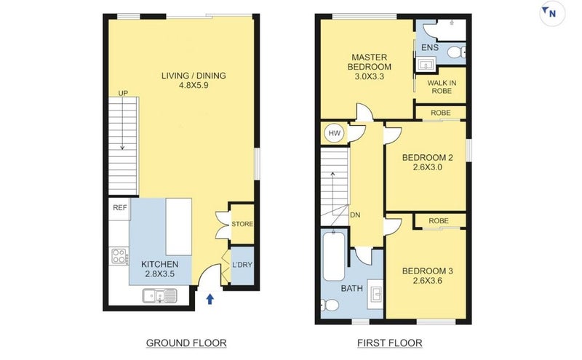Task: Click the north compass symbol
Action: pyautogui.click(x=551, y=12)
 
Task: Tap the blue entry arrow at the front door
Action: pyautogui.click(x=211, y=297)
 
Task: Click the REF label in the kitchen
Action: pyautogui.click(x=119, y=208)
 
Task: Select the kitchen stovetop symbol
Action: pyautogui.click(x=119, y=256)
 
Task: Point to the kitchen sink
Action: pyautogui.click(x=159, y=295)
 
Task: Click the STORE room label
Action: pyautogui.click(x=242, y=224)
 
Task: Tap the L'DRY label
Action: pyautogui.click(x=242, y=265)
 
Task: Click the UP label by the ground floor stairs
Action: pyautogui.click(x=124, y=93)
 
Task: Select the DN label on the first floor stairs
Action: pyautogui.click(x=356, y=216)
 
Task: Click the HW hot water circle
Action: pyautogui.click(x=334, y=133)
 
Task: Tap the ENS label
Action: pyautogui.click(x=429, y=48)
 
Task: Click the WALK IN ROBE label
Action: pyautogui.click(x=442, y=87)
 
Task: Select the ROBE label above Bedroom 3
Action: pyautogui.click(x=439, y=221)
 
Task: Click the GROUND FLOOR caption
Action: pyautogui.click(x=186, y=343)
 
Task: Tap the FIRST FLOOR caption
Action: pyautogui.click(x=389, y=343)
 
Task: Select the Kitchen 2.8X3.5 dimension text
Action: pyautogui.click(x=159, y=274)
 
